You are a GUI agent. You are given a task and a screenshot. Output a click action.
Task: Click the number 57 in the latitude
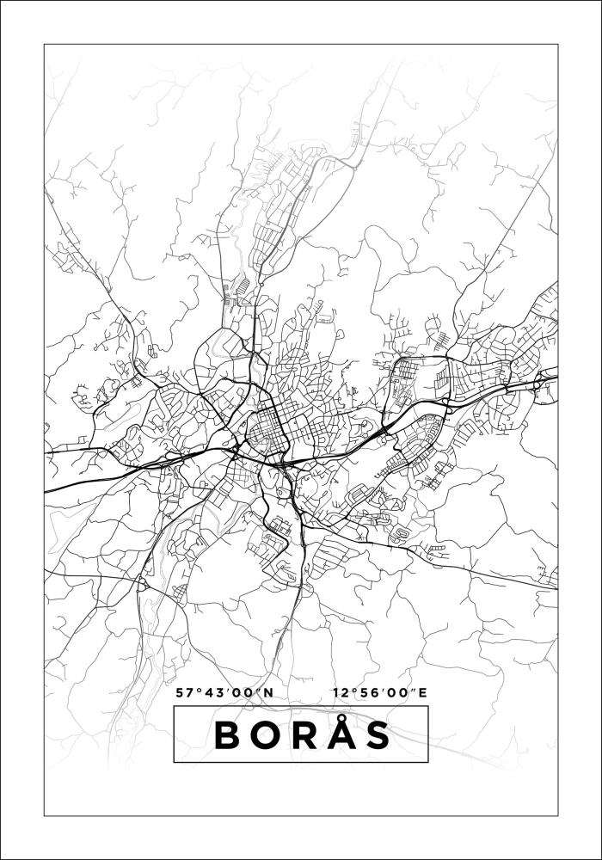point(183,692)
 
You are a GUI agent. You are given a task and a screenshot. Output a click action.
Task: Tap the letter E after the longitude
point(422,692)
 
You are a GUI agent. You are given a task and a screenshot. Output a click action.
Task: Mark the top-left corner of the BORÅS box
point(174,706)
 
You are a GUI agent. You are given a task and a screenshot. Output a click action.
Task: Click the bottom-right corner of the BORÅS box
point(428,762)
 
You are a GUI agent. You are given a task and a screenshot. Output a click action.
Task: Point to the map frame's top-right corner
point(558,44)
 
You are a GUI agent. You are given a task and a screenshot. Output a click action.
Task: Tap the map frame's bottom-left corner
point(44,814)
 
